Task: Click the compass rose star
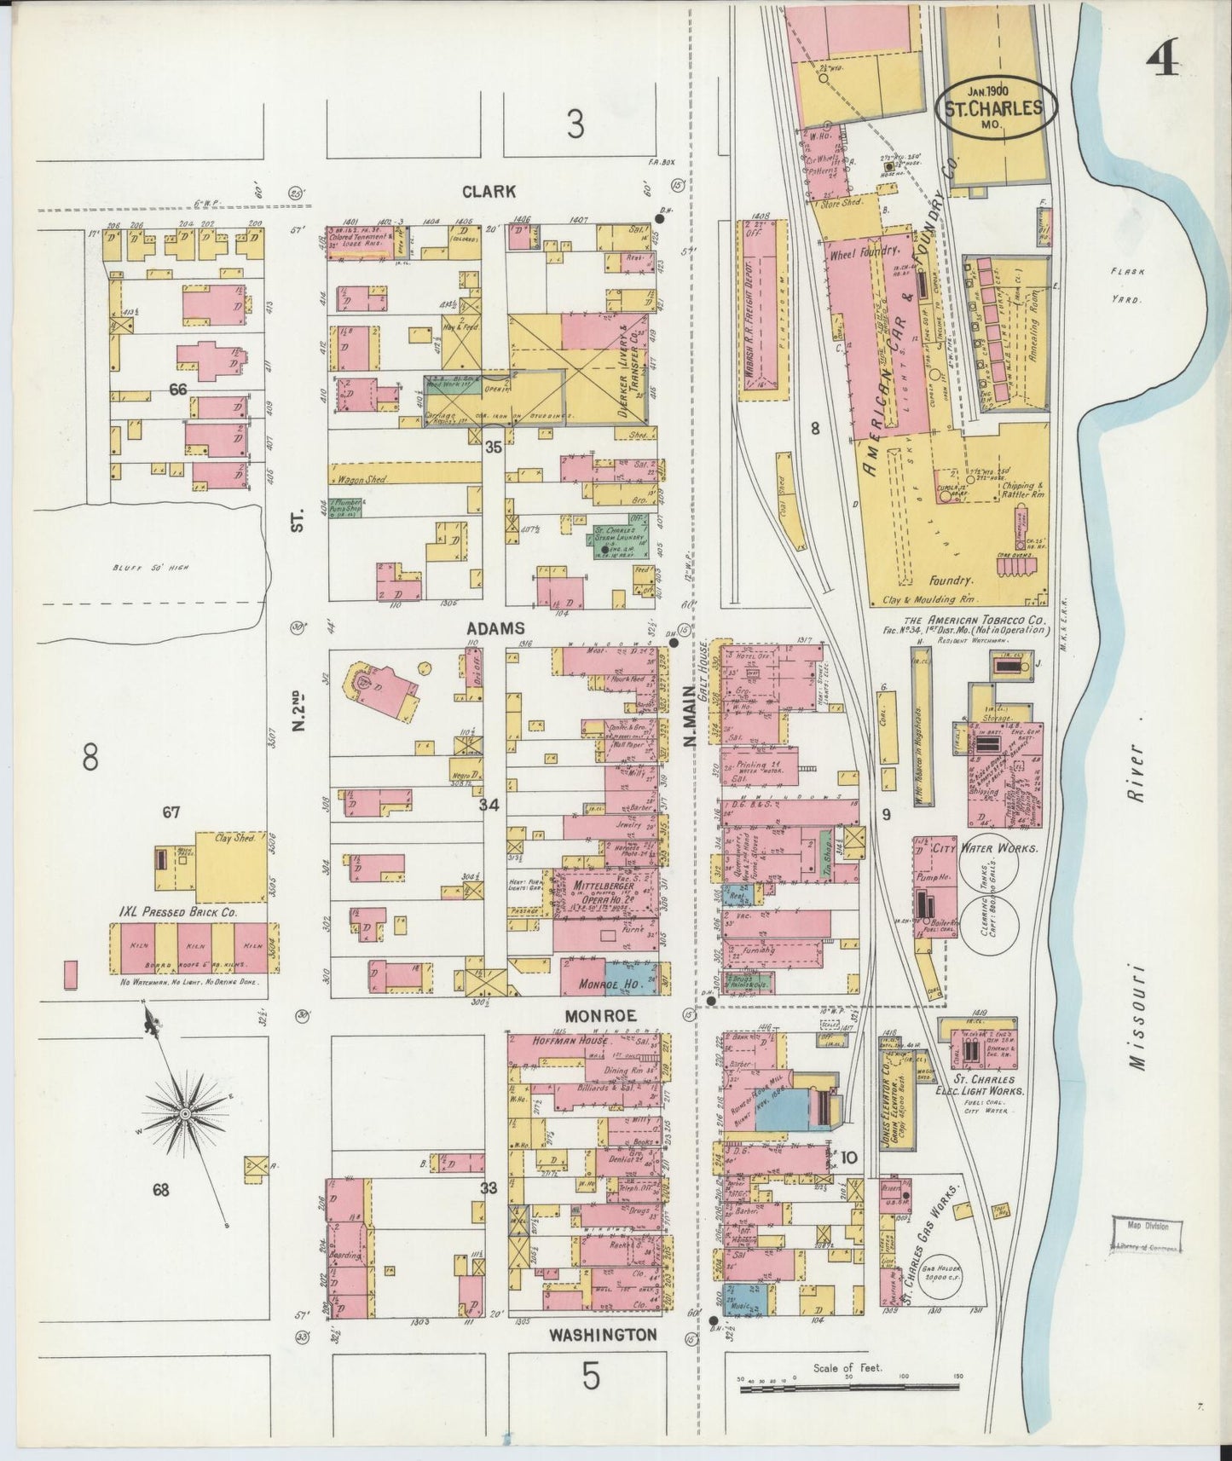(184, 1113)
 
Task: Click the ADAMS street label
(495, 628)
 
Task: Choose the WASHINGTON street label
(602, 1334)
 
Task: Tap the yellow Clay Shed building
(230, 866)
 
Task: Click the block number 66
(177, 390)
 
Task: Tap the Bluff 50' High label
(161, 569)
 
